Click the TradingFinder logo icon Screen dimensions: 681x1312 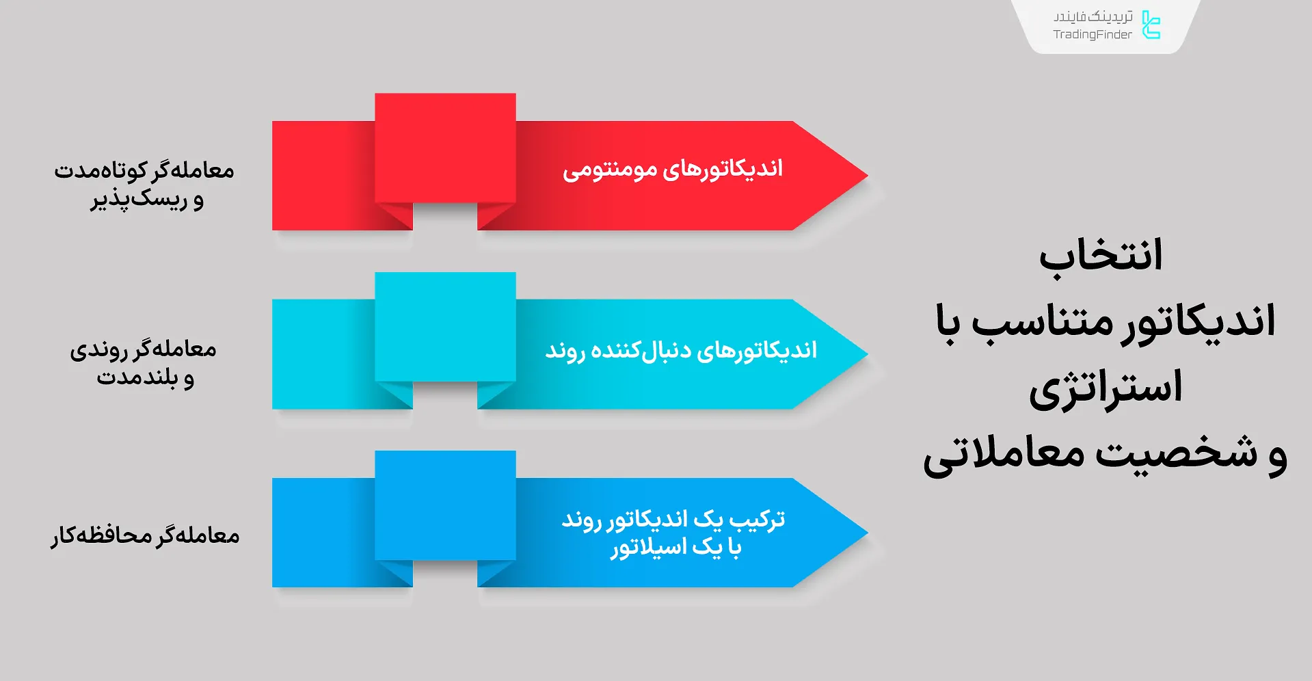tap(1151, 25)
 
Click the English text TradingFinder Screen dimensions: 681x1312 tap(1092, 35)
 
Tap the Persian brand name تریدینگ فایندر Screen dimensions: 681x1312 tap(1093, 16)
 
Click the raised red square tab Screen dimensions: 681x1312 tap(445, 148)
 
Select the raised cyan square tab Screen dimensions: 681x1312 tap(445, 327)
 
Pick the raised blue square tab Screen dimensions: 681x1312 tap(445, 505)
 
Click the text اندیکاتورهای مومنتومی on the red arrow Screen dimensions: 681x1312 tap(672, 169)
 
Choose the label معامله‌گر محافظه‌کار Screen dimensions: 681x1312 tap(145, 535)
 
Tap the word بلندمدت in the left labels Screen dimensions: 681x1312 tap(137, 377)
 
